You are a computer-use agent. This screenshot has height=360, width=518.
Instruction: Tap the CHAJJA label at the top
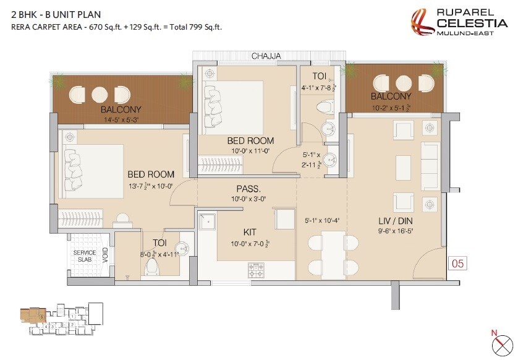pyautogui.click(x=266, y=56)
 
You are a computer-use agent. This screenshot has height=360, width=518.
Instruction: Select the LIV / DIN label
pyautogui.click(x=395, y=221)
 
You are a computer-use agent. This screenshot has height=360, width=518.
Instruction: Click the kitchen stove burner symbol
pyautogui.click(x=256, y=269)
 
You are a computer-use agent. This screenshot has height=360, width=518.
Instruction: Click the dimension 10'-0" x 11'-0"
pyautogui.click(x=251, y=151)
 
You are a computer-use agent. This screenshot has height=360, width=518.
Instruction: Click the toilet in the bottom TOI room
pyautogui.click(x=152, y=267)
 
